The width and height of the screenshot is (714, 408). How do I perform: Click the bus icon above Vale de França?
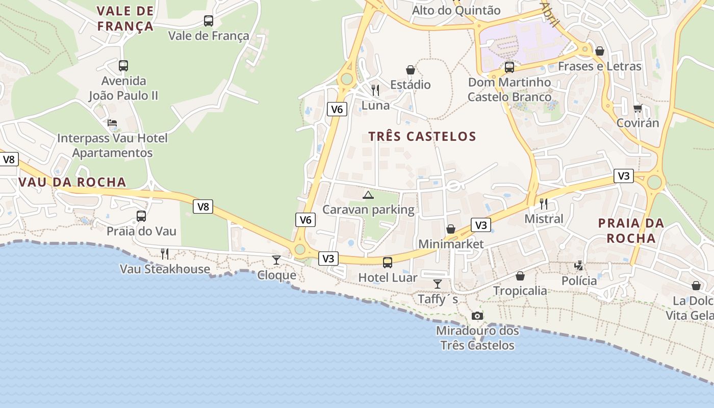208,21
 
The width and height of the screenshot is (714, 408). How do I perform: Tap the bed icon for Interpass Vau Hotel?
112,123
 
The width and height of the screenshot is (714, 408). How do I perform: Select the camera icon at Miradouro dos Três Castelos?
477,316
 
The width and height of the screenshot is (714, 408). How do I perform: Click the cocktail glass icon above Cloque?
276,260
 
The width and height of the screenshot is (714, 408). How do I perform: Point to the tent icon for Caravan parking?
368,195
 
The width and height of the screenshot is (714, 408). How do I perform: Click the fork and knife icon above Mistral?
544,204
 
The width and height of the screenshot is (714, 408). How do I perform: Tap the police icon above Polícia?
579,266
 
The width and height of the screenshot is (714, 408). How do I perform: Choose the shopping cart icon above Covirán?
637,108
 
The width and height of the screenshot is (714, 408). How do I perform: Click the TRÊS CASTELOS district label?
422,136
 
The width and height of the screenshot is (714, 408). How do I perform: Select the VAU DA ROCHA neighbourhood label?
72,182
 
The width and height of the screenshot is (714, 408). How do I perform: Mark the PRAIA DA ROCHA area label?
631,231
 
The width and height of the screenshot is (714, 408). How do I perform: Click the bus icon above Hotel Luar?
388,263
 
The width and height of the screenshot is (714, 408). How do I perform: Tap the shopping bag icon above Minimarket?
451,229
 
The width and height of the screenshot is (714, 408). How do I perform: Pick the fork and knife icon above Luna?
375,90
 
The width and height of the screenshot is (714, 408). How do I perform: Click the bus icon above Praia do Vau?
141,216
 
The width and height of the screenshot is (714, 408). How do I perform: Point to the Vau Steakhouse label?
165,269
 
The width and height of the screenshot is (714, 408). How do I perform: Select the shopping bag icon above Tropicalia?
520,276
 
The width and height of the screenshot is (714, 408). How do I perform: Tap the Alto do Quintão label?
456,10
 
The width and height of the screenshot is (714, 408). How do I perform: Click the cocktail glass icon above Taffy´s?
438,284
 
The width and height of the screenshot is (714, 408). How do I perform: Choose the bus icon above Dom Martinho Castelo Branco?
509,67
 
